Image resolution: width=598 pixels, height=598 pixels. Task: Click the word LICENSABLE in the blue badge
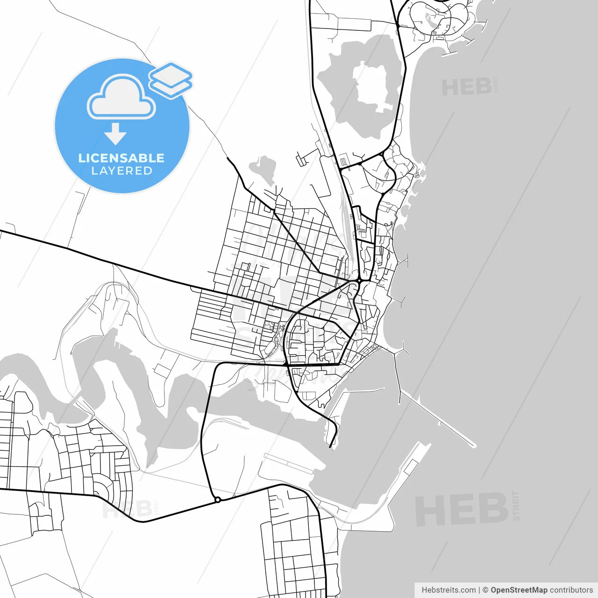[x=121, y=158]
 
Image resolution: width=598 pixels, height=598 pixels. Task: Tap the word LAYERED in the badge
[x=121, y=171]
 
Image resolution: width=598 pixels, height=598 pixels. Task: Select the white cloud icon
[x=121, y=98]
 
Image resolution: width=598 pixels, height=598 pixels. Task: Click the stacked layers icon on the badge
[x=171, y=79]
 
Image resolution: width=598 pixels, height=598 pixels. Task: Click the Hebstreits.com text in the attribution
[x=448, y=590]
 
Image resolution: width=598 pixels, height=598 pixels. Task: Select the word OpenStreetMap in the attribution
[x=519, y=590]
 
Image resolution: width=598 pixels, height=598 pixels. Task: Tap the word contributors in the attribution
[x=571, y=590]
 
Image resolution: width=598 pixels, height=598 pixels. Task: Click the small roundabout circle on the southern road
[x=217, y=500]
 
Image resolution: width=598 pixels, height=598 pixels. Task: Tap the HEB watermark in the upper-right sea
[x=466, y=87]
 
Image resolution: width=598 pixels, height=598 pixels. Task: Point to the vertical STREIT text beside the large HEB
[x=516, y=506]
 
